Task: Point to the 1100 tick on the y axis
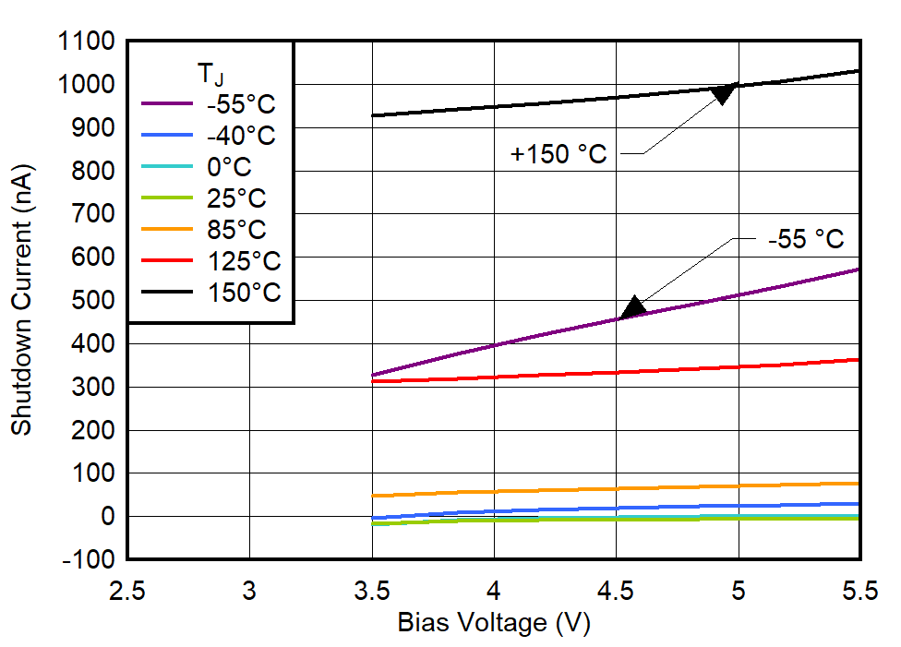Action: [85, 42]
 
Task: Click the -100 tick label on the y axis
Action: [90, 559]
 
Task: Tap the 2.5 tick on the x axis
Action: [127, 591]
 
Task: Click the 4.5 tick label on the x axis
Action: [616, 591]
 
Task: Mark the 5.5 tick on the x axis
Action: [859, 591]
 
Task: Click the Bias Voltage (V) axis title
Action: [493, 624]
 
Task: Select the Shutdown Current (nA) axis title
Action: [21, 300]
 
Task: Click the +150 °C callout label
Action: [559, 154]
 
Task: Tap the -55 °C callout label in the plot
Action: [806, 239]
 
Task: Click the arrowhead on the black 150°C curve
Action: [723, 92]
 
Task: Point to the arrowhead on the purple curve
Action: [633, 308]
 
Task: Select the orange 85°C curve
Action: [616, 488]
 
